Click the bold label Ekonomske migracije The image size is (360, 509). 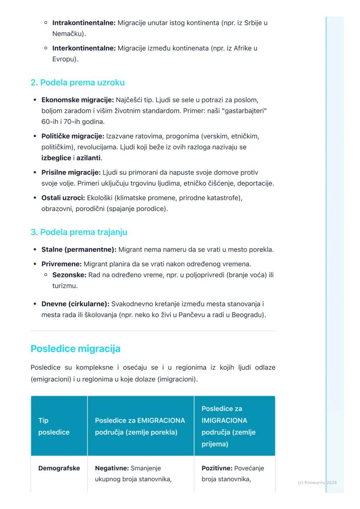(x=77, y=100)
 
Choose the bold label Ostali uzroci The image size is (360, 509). (x=63, y=198)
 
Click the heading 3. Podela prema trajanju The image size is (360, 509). (x=79, y=232)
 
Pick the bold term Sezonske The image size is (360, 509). (x=69, y=275)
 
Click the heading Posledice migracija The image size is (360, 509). (x=75, y=349)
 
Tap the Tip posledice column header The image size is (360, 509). (x=53, y=426)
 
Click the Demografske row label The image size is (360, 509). (x=59, y=468)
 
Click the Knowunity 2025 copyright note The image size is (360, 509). (x=317, y=482)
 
